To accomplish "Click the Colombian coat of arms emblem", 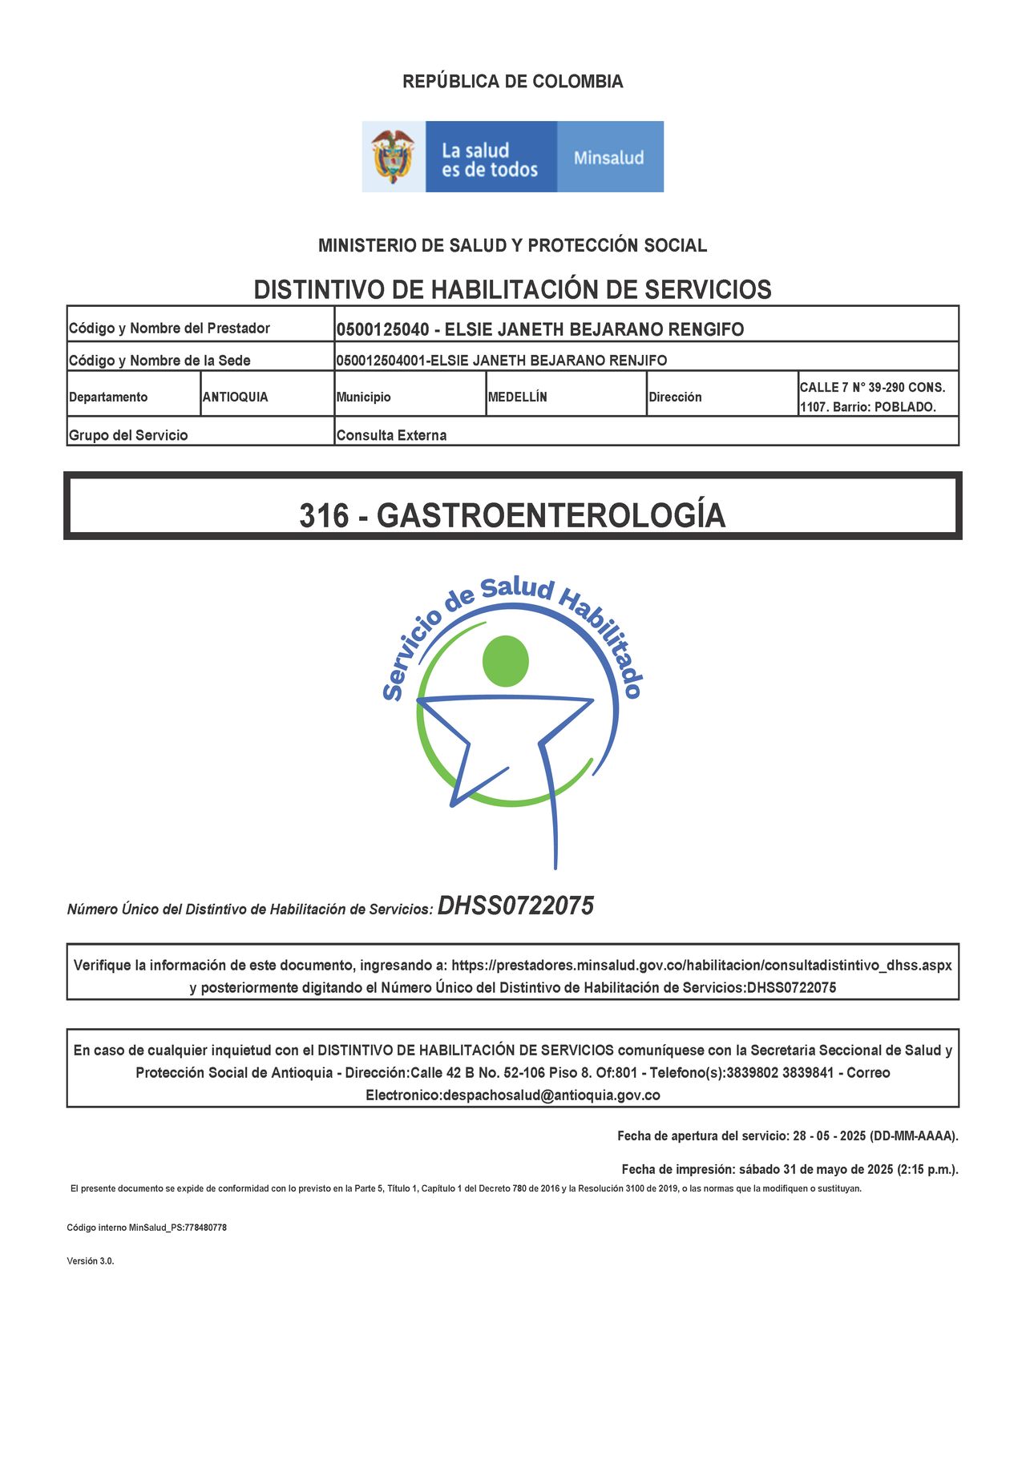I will tap(393, 156).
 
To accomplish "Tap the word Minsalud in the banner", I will tap(608, 158).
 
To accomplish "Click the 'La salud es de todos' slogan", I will tap(489, 160).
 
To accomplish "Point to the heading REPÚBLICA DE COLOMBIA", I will tap(512, 82).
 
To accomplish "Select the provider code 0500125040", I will tap(382, 329).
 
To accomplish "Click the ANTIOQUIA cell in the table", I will tap(235, 397).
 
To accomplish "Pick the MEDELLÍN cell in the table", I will tap(517, 397).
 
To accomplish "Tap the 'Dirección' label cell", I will tap(675, 397).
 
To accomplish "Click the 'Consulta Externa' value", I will tap(391, 435).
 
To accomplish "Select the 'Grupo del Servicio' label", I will tap(128, 435).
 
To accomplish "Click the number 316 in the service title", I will tap(324, 515).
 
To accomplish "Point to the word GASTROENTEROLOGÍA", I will tap(551, 515).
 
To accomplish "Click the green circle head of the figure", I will tap(506, 661).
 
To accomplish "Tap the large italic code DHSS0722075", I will tap(515, 906).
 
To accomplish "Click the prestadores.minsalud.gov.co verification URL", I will tap(701, 966).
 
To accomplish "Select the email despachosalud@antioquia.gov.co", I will tap(551, 1095).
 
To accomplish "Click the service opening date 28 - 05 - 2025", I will tap(829, 1136).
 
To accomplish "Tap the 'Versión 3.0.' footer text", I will tap(91, 1261).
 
